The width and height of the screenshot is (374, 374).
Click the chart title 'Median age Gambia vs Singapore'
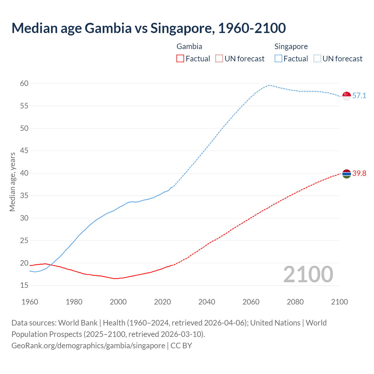148,28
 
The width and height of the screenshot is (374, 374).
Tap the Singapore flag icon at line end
347,96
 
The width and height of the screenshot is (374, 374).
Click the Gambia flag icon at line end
347,174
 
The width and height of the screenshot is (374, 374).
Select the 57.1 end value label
359,96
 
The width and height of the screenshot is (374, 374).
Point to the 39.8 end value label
359,174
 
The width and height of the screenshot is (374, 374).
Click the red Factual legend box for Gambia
180,59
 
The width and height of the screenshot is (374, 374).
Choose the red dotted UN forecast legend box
219,59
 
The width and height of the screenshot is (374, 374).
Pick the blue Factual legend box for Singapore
278,59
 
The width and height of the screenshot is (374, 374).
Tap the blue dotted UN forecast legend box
317,59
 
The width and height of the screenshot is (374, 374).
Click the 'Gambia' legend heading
189,46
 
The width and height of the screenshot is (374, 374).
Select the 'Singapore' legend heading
291,46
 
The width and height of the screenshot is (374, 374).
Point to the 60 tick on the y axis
24,84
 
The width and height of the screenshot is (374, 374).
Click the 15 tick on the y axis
24,285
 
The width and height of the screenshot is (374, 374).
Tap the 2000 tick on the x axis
118,302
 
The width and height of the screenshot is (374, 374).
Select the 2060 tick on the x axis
251,302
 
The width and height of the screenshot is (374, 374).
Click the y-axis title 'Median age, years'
12,182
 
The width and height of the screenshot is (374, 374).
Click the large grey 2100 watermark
308,274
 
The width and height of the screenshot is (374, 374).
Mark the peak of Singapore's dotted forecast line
269,85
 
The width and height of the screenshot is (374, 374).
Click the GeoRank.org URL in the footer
88,346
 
